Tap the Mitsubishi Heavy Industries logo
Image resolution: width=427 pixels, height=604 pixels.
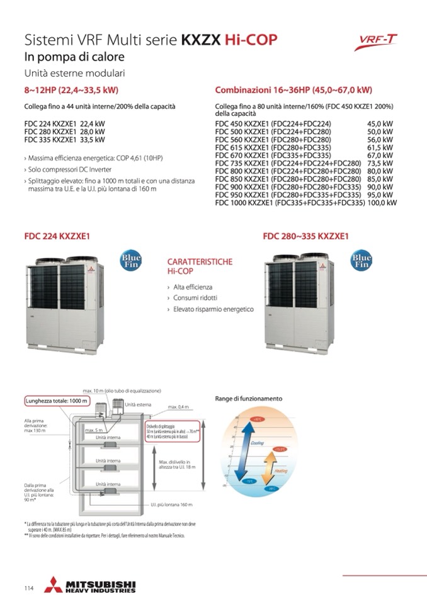click(x=91, y=586)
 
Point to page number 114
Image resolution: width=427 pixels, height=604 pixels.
click(x=29, y=588)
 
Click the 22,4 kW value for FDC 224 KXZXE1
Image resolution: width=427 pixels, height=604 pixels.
click(x=92, y=124)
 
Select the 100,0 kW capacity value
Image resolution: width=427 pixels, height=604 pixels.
click(x=382, y=203)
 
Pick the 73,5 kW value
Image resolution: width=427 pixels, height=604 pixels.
click(x=380, y=162)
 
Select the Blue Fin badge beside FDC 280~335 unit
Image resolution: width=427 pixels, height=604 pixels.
click(x=361, y=261)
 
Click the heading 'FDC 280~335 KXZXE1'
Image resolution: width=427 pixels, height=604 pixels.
click(x=305, y=237)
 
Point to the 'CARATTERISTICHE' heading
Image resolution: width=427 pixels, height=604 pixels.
click(x=200, y=261)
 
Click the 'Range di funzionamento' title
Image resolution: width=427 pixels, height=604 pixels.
click(x=249, y=399)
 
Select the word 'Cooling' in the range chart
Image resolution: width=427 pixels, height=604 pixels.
click(x=257, y=443)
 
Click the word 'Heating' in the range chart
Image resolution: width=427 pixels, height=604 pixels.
click(x=280, y=470)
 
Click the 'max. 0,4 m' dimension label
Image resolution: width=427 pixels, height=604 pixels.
click(x=178, y=407)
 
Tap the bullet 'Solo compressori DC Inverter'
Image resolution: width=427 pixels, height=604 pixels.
click(x=69, y=170)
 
